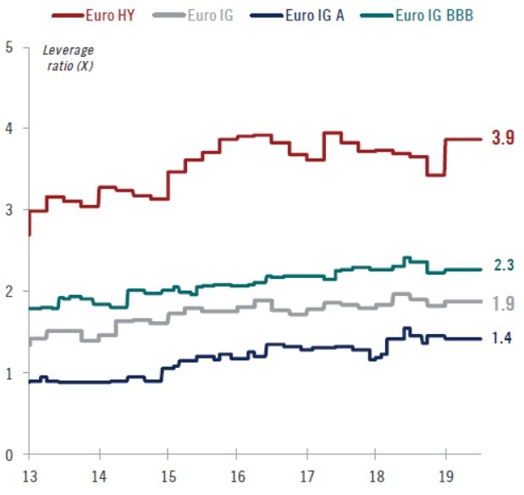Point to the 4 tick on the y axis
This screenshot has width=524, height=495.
tap(9, 128)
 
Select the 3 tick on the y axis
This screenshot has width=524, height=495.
tap(9, 209)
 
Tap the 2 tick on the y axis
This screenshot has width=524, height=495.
tap(9, 292)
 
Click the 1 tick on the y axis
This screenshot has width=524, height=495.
tap(9, 373)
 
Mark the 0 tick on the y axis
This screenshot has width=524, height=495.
tap(9, 454)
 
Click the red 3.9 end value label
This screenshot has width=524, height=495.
tap(503, 139)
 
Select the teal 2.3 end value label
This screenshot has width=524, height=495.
tap(503, 266)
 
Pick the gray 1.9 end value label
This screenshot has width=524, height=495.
tap(503, 303)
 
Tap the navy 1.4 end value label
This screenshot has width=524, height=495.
tap(503, 338)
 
